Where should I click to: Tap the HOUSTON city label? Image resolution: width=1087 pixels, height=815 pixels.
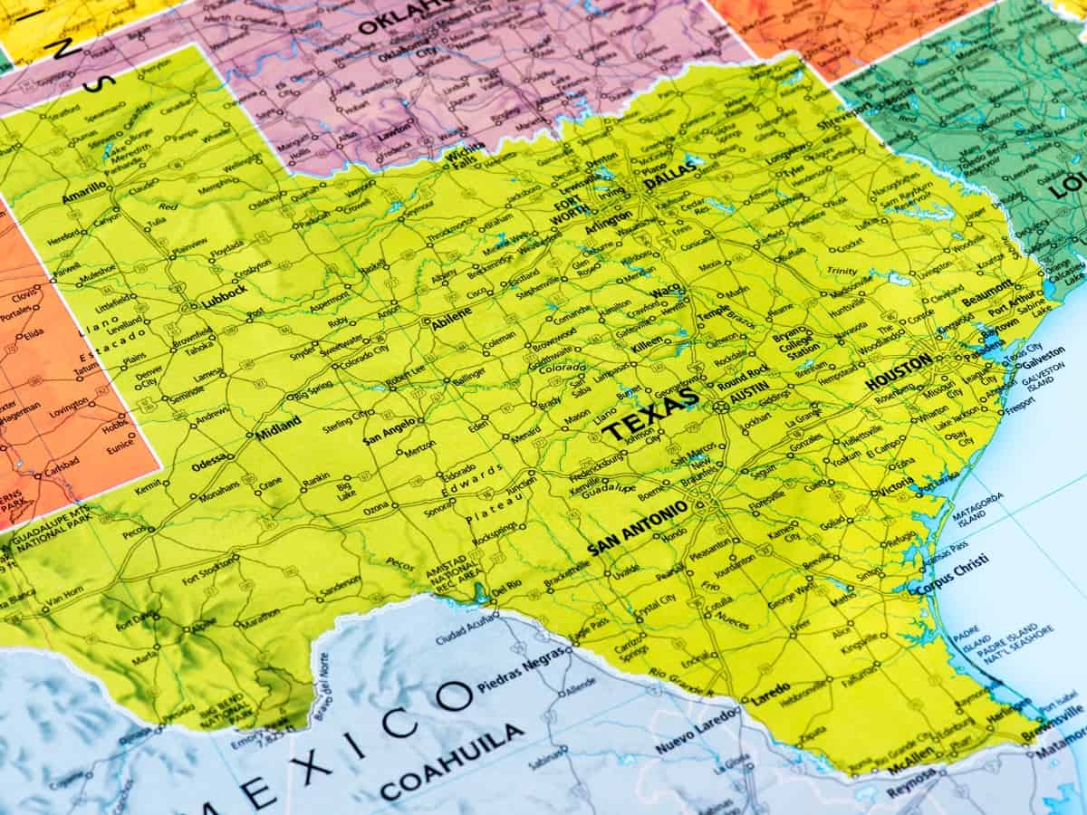(x=898, y=372)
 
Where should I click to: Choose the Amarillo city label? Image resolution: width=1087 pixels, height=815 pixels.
(x=83, y=192)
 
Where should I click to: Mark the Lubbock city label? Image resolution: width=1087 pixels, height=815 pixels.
(x=224, y=294)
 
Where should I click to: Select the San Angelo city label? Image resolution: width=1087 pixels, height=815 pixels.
(x=390, y=429)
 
